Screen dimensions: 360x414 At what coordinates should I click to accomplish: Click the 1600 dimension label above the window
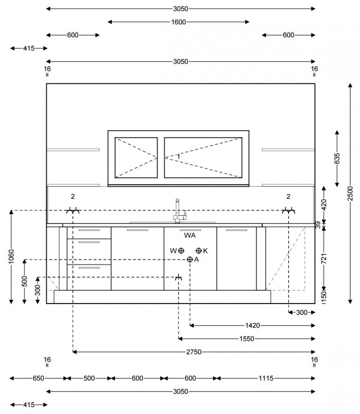point(179,22)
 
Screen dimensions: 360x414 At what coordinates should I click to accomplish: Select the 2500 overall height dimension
point(350,193)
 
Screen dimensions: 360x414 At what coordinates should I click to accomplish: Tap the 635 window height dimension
point(337,158)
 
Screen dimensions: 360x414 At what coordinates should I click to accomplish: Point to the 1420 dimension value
point(252,325)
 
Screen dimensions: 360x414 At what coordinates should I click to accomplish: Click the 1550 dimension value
point(247,339)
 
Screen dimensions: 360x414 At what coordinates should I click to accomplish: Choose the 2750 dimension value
point(194,352)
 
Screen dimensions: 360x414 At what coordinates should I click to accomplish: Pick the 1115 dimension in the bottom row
point(266,378)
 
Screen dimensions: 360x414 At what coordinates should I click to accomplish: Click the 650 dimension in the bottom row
point(38,378)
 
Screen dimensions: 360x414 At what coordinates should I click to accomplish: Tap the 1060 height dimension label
point(11,257)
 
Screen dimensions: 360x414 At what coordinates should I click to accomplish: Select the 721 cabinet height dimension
point(324,259)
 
